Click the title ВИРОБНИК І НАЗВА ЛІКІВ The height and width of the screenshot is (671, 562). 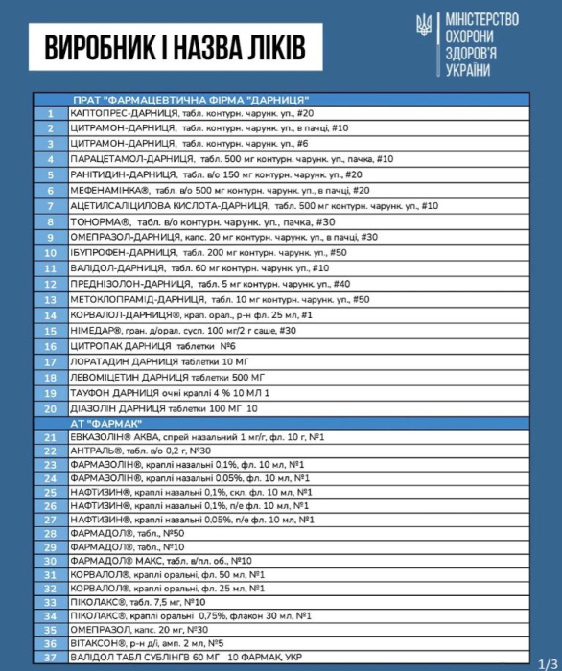(167, 44)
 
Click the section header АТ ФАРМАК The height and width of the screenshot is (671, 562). (107, 423)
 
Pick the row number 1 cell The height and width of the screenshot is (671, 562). (50, 113)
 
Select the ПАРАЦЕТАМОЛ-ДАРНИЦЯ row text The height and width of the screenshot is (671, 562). (231, 159)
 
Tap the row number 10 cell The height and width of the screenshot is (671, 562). (50, 252)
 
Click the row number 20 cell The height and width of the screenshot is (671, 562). (50, 407)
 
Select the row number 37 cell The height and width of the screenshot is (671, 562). (50, 659)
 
